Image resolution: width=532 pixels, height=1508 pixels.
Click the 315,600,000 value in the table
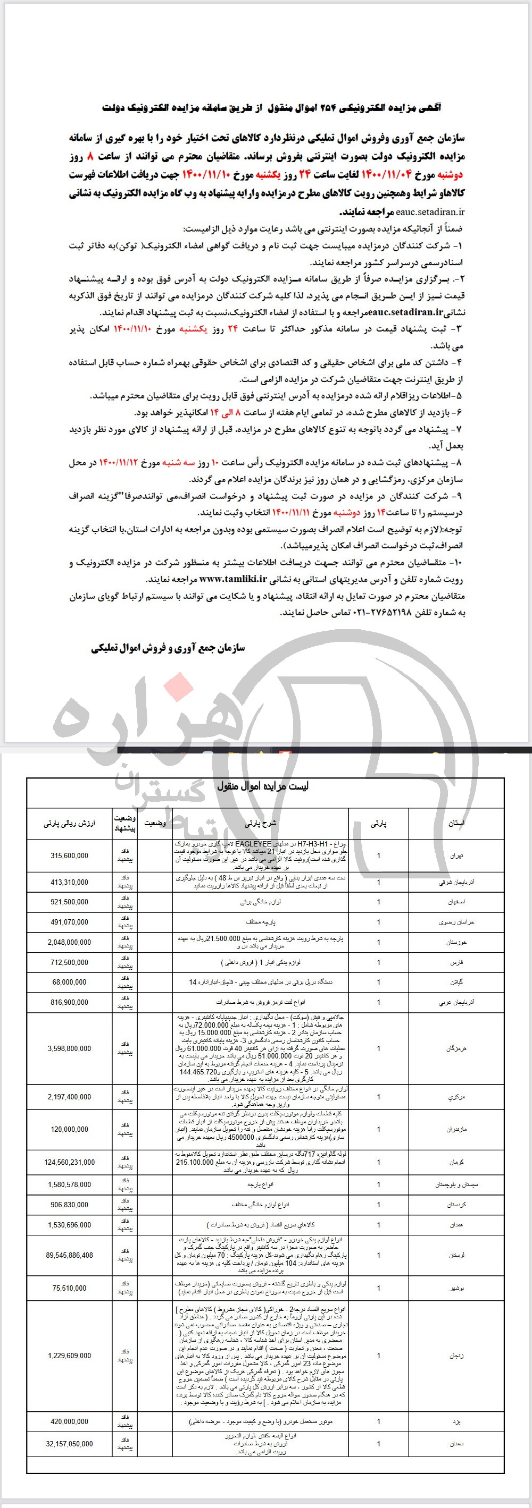pyautogui.click(x=69, y=855)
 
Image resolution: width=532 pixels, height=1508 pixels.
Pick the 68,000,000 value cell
pyautogui.click(x=69, y=982)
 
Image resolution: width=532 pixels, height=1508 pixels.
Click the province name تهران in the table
pyautogui.click(x=456, y=856)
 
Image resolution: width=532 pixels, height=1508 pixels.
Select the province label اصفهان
pyautogui.click(x=456, y=902)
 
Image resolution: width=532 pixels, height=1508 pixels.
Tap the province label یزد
pyautogui.click(x=458, y=1421)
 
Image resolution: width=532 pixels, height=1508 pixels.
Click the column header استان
pyautogui.click(x=456, y=823)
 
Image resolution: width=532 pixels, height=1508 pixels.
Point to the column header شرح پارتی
pyautogui.click(x=260, y=823)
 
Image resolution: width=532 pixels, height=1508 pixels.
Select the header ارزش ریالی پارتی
pyautogui.click(x=69, y=823)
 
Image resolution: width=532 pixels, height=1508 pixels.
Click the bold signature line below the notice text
pyautogui.click(x=168, y=648)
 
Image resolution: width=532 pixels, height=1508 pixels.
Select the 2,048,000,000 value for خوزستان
pyautogui.click(x=69, y=942)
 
